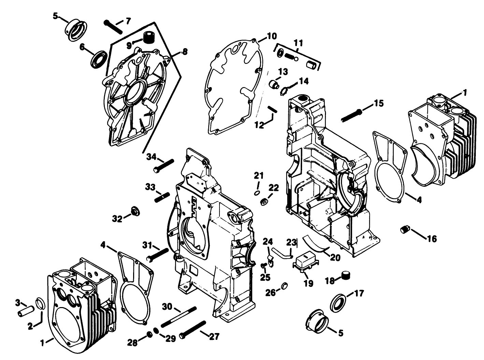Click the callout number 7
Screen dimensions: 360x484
coord(128,21)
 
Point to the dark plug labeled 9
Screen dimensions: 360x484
coord(148,37)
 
